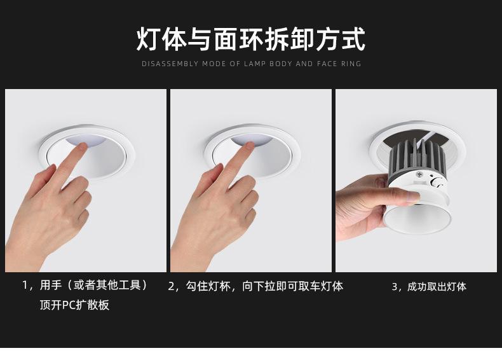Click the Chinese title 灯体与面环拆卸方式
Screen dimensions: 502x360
[250, 39]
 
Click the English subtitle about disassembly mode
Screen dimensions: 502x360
[252, 64]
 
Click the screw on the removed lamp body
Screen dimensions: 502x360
[419, 174]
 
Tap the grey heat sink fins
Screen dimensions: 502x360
[417, 157]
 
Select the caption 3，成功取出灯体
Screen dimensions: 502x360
[429, 286]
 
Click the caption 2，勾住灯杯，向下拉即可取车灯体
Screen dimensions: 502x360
[255, 286]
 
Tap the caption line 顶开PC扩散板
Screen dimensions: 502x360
[74, 305]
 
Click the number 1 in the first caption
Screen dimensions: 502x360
[25, 285]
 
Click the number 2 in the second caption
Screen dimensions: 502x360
[172, 286]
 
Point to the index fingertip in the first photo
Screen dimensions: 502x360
[82, 146]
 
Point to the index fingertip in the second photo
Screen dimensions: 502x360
[249, 146]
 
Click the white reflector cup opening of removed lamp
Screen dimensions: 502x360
[417, 219]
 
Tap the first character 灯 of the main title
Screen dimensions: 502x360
[148, 39]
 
